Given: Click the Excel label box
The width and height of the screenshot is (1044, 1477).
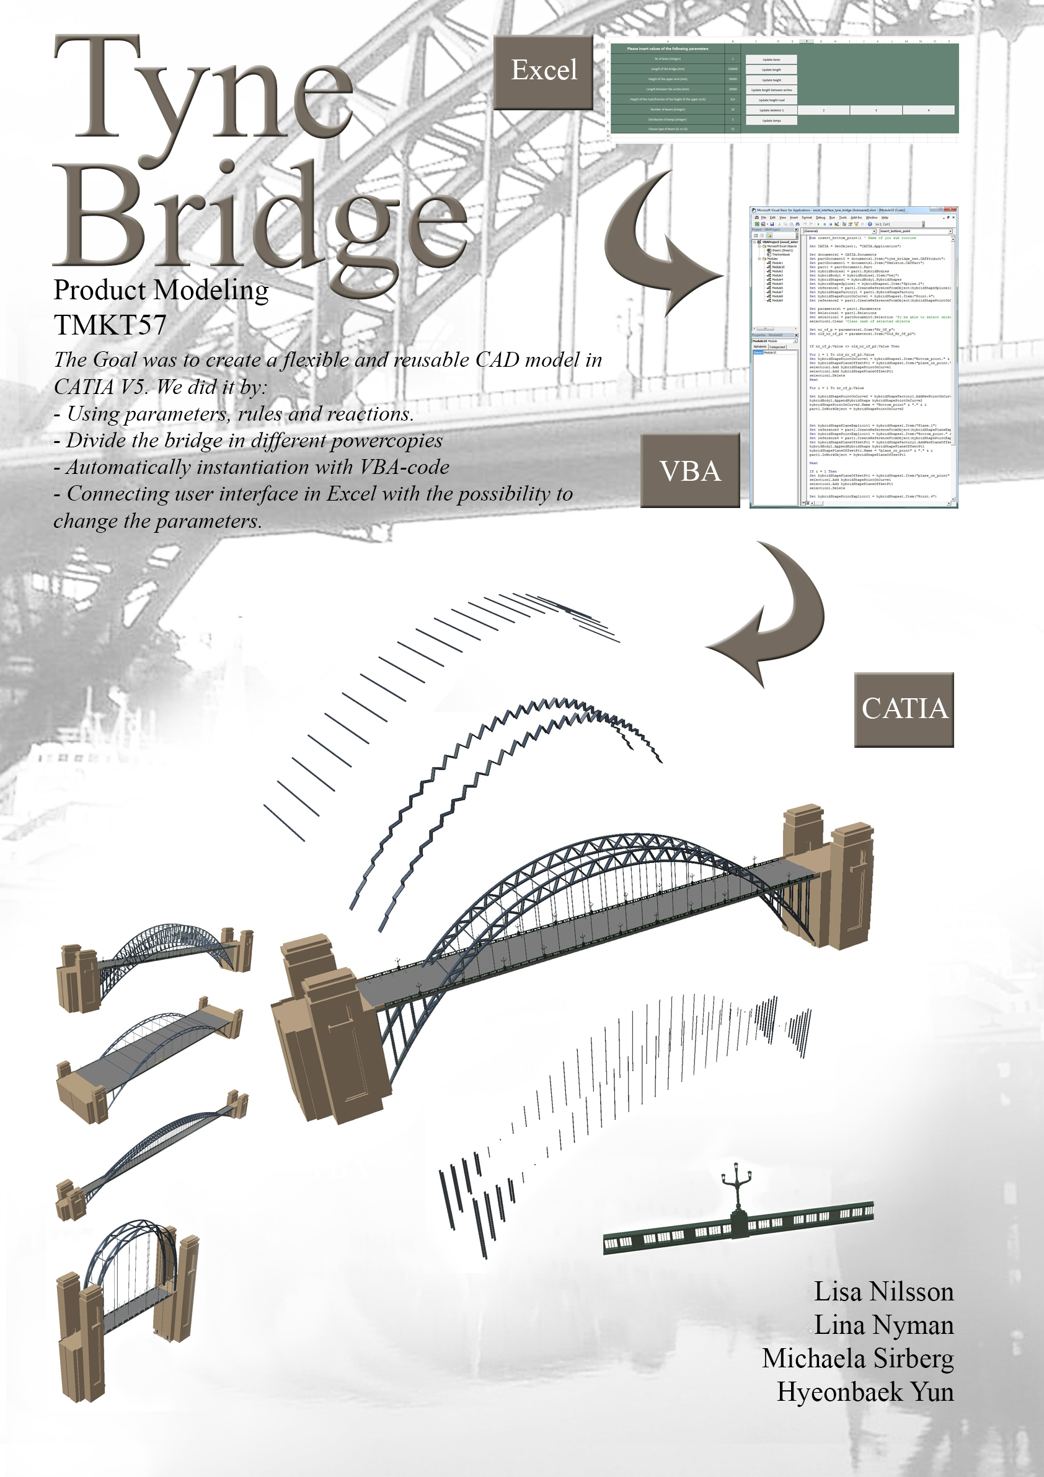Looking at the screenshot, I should click(x=543, y=71).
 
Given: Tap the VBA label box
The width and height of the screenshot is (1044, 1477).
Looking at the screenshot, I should click(x=690, y=471).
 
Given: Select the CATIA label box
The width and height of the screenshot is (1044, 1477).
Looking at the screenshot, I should click(x=904, y=709).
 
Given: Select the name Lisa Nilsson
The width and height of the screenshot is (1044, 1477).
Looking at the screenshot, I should click(x=883, y=1292).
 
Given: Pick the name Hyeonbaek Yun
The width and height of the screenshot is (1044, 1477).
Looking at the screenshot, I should click(x=865, y=1392).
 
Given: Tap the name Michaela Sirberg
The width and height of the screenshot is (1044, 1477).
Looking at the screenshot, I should click(x=857, y=1358).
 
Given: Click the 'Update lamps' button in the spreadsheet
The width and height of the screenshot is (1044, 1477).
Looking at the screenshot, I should click(x=771, y=120).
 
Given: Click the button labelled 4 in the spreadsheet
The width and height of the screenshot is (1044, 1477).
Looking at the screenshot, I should click(x=928, y=111).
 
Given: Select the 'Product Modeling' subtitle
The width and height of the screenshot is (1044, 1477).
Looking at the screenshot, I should click(x=161, y=290).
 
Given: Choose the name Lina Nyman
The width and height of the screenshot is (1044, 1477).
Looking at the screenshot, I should click(x=883, y=1325).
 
